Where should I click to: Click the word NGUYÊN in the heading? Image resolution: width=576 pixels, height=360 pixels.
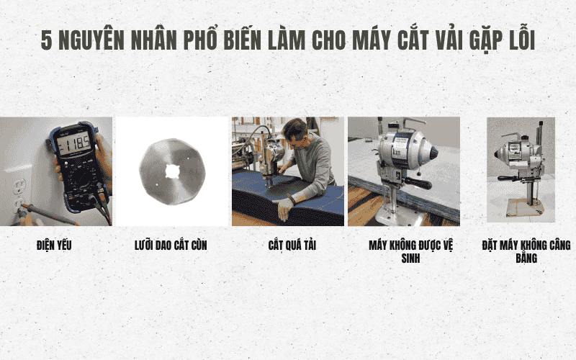click(92, 41)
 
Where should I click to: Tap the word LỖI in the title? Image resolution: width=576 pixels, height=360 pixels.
click(517, 41)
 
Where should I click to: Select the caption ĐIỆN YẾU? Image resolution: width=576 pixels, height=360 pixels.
click(54, 246)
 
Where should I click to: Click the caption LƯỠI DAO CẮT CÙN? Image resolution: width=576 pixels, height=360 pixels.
click(171, 246)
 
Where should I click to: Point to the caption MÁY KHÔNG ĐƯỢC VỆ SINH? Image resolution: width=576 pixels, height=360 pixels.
click(404, 251)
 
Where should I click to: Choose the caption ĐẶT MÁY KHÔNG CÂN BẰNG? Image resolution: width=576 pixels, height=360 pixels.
click(526, 251)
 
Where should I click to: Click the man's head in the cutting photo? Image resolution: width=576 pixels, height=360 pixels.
click(295, 132)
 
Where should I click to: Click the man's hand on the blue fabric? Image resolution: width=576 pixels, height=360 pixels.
click(284, 210)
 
